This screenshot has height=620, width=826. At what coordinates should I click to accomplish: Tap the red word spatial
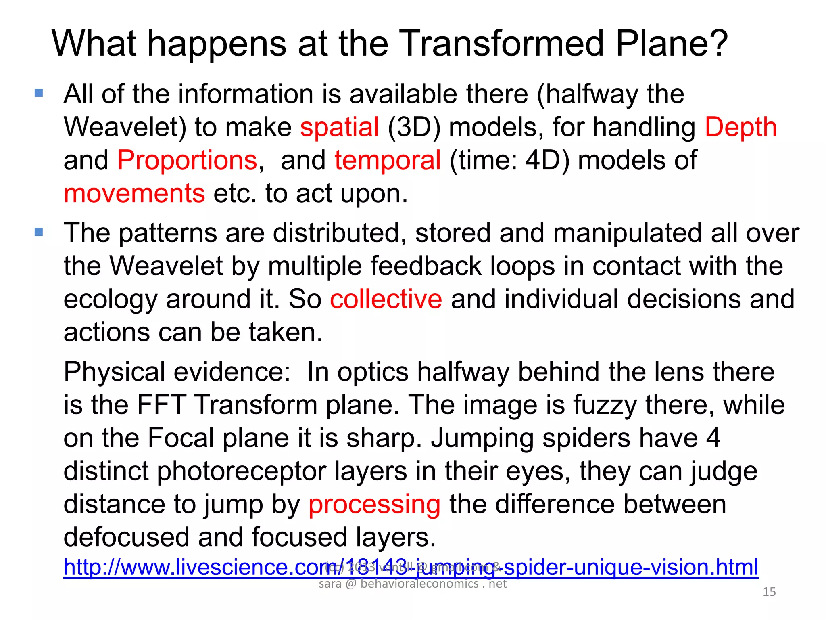click(339, 127)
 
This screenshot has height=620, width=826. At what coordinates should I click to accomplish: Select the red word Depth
click(740, 127)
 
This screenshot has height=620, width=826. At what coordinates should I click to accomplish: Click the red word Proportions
click(187, 160)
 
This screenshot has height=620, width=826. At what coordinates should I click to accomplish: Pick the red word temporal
click(388, 160)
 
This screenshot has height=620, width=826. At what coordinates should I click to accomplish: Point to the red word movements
click(134, 193)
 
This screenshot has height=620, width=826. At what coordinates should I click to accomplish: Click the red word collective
click(386, 299)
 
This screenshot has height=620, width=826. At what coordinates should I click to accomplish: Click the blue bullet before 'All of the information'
click(39, 94)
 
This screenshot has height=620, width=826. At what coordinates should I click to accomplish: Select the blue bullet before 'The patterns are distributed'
click(39, 232)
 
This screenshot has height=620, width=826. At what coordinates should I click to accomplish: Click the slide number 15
click(769, 592)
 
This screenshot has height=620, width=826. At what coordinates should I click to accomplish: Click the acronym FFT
click(161, 405)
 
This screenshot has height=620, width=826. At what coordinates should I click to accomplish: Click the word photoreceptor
click(282, 471)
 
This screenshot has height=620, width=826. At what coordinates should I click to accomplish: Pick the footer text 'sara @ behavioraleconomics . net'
click(413, 584)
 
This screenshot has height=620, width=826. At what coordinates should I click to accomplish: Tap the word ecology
click(111, 300)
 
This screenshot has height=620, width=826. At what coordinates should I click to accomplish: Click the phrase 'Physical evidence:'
click(177, 372)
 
